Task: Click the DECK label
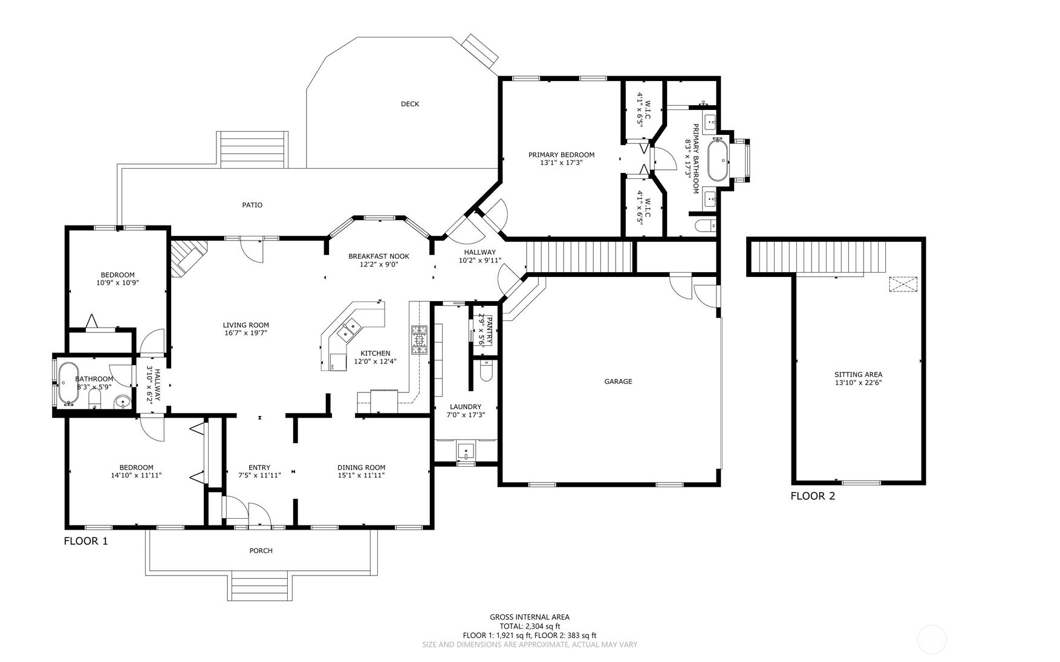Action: coord(409,104)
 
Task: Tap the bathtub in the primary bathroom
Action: coord(718,160)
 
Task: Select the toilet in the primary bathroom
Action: coord(705,226)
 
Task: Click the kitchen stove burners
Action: coord(419,340)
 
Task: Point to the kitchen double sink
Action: coord(349,330)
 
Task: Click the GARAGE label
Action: coord(618,381)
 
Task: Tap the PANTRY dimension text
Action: coord(482,329)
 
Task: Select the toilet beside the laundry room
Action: coord(486,371)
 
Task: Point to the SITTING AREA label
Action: coord(858,375)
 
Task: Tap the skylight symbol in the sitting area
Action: coord(903,284)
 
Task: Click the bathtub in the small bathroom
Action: coord(68,383)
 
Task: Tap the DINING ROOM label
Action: coord(361,467)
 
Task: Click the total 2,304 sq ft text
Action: coord(530,626)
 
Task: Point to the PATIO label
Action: coord(252,205)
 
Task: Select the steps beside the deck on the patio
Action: coord(253,149)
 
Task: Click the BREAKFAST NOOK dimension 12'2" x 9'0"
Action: coord(379,264)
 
